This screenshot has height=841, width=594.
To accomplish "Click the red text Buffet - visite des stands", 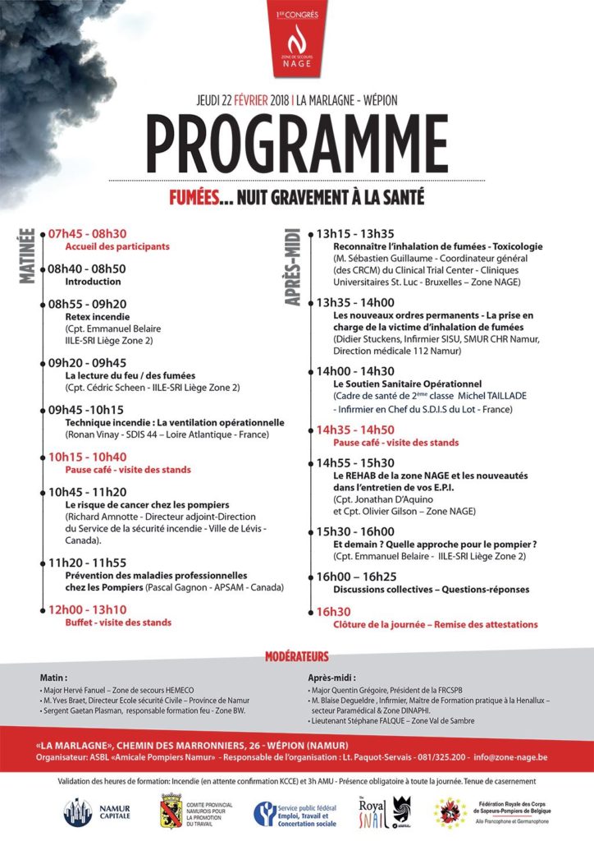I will point(118,622).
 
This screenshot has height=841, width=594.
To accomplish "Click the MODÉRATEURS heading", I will point(296,656).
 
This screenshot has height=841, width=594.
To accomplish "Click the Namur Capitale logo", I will point(93,811).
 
